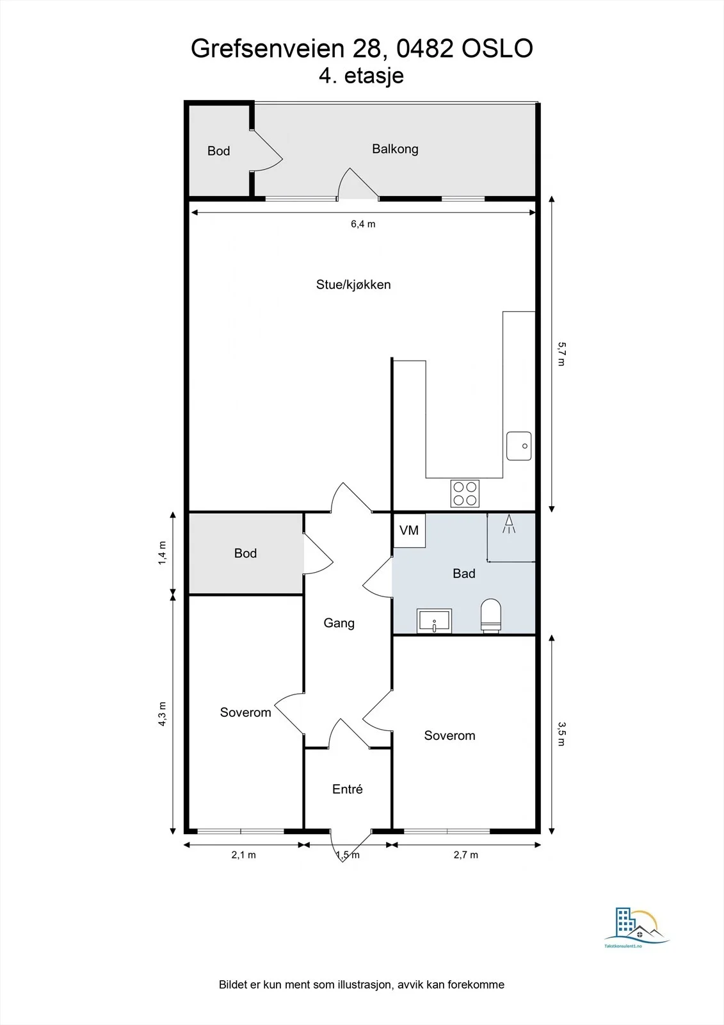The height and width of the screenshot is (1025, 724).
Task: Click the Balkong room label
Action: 395,149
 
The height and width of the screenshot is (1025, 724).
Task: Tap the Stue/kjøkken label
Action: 353,284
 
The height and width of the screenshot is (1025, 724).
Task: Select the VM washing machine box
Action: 409,530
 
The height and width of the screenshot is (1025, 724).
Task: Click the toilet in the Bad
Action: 491,616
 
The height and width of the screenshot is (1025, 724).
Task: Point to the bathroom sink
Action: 434,621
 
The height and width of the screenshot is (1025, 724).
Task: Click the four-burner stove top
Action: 465,493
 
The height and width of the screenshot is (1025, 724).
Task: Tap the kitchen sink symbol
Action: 519,446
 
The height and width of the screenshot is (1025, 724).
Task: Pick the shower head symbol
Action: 509,524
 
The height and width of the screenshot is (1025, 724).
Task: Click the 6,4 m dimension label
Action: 363,224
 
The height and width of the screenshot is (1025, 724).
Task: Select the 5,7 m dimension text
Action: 561,354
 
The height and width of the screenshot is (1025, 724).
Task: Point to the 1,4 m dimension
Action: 163,553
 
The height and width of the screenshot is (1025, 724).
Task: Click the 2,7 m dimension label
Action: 465,855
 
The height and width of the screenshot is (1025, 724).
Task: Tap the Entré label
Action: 348,789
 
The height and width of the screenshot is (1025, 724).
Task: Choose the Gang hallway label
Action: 339,623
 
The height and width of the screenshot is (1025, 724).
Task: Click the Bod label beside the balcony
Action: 219,151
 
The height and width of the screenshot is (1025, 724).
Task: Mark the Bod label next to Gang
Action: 246,553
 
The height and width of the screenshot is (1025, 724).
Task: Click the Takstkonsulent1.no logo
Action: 635,930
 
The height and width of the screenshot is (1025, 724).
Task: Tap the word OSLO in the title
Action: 497,49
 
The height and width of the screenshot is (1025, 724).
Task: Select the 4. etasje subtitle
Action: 361,76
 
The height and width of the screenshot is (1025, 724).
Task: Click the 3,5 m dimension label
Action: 561,734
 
